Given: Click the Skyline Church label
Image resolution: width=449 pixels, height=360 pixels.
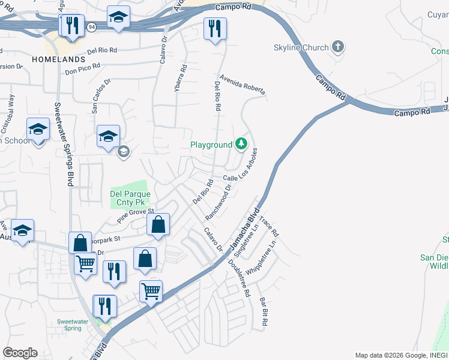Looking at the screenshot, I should tap(301, 48).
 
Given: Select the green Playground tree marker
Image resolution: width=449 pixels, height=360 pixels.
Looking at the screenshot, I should tap(241, 144).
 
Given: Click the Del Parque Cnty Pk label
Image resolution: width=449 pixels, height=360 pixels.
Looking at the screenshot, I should tap(128, 198).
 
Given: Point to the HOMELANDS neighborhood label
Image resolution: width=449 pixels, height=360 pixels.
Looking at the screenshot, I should tap(59, 60).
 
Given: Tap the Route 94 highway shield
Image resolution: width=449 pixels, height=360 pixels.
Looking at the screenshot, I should tap(91, 26).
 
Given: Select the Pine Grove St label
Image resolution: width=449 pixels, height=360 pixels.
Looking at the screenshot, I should tap(135, 216).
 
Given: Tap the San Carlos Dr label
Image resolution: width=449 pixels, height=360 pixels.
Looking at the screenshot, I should tap(100, 95).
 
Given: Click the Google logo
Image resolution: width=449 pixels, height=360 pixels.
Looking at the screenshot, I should tap(20, 353).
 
